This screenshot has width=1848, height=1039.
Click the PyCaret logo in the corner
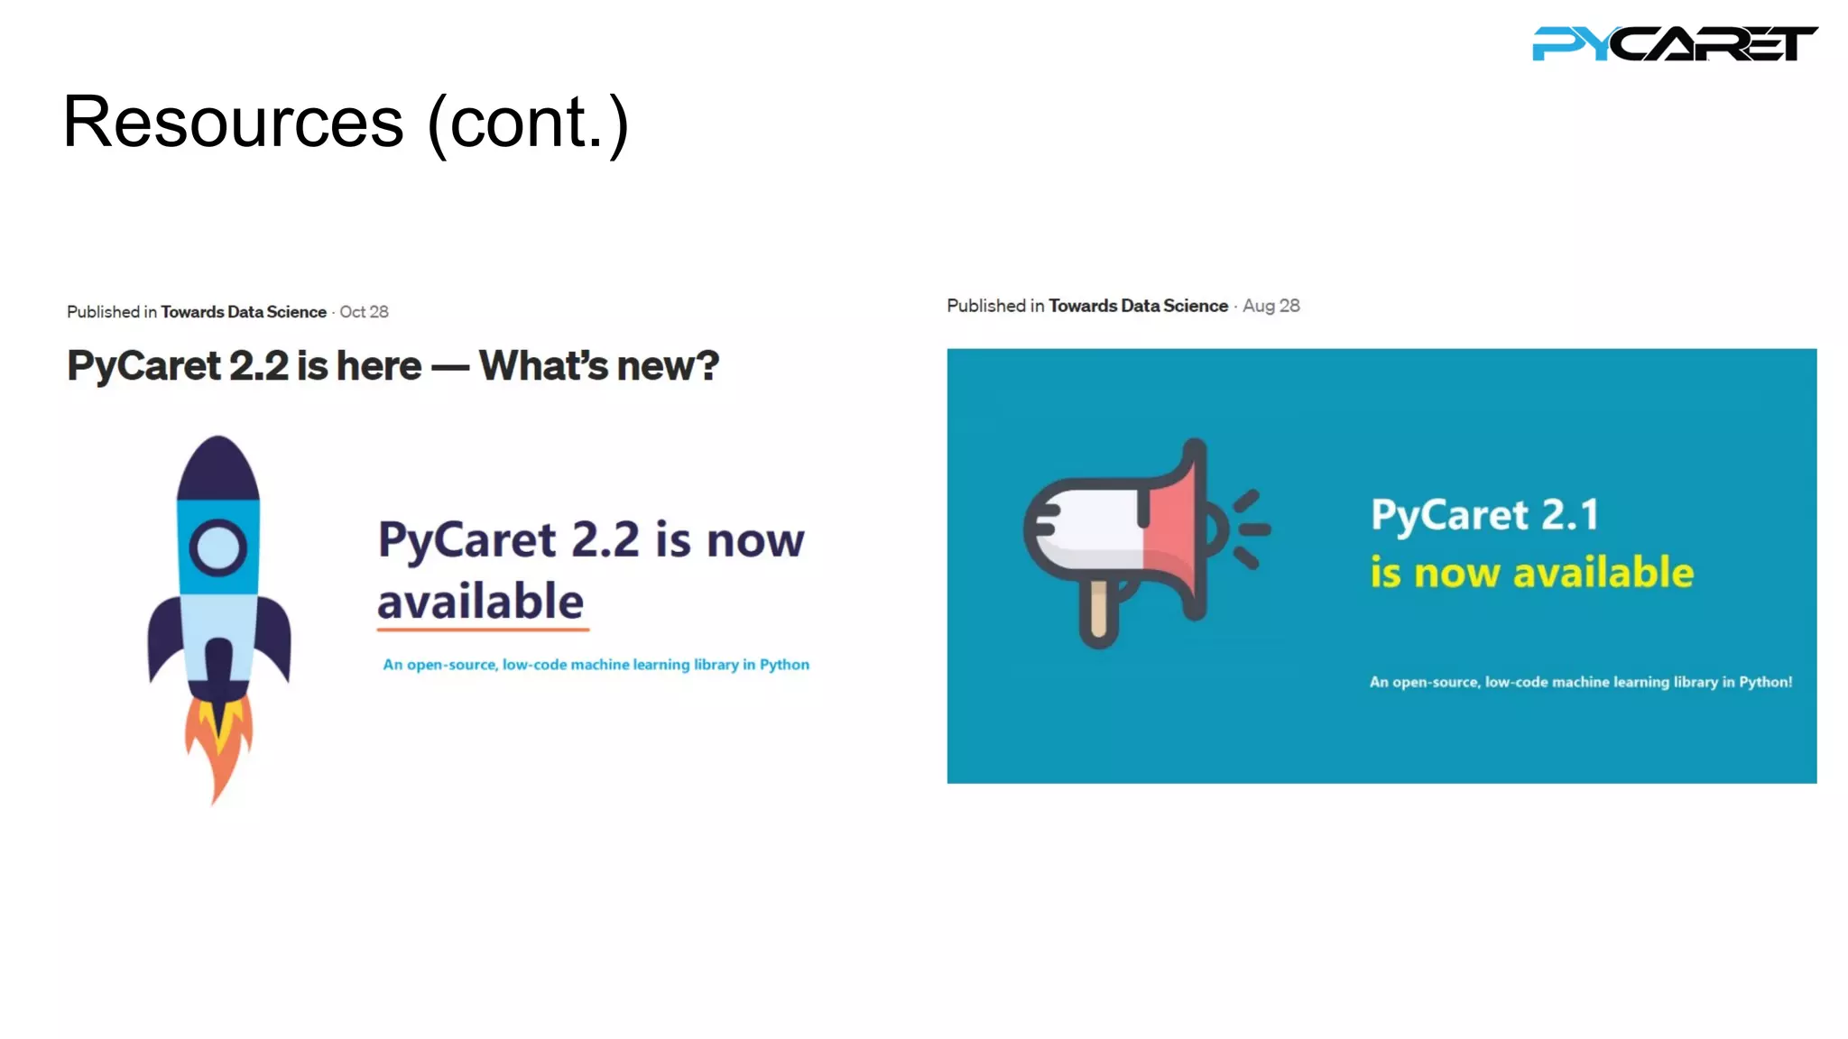click(x=1674, y=43)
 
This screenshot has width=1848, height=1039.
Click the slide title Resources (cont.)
click(x=346, y=123)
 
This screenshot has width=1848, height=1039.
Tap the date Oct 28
click(x=364, y=312)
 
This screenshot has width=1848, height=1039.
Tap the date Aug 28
click(x=1270, y=306)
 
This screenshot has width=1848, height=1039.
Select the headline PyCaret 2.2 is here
click(x=393, y=366)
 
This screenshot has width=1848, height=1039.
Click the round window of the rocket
click(x=217, y=547)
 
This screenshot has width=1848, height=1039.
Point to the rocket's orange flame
click(x=218, y=744)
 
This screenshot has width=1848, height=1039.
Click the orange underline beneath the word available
click(x=483, y=629)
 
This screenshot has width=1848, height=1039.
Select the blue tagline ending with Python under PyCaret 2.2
click(x=596, y=665)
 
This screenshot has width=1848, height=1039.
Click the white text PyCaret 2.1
click(x=1484, y=515)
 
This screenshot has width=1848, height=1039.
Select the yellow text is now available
click(x=1531, y=573)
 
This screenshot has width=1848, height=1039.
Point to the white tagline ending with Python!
click(x=1580, y=682)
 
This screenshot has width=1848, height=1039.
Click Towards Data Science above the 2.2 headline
click(x=244, y=312)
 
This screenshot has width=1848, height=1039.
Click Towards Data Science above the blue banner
click(x=1138, y=306)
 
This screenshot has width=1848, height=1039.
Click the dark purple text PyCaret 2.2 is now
click(x=590, y=540)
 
